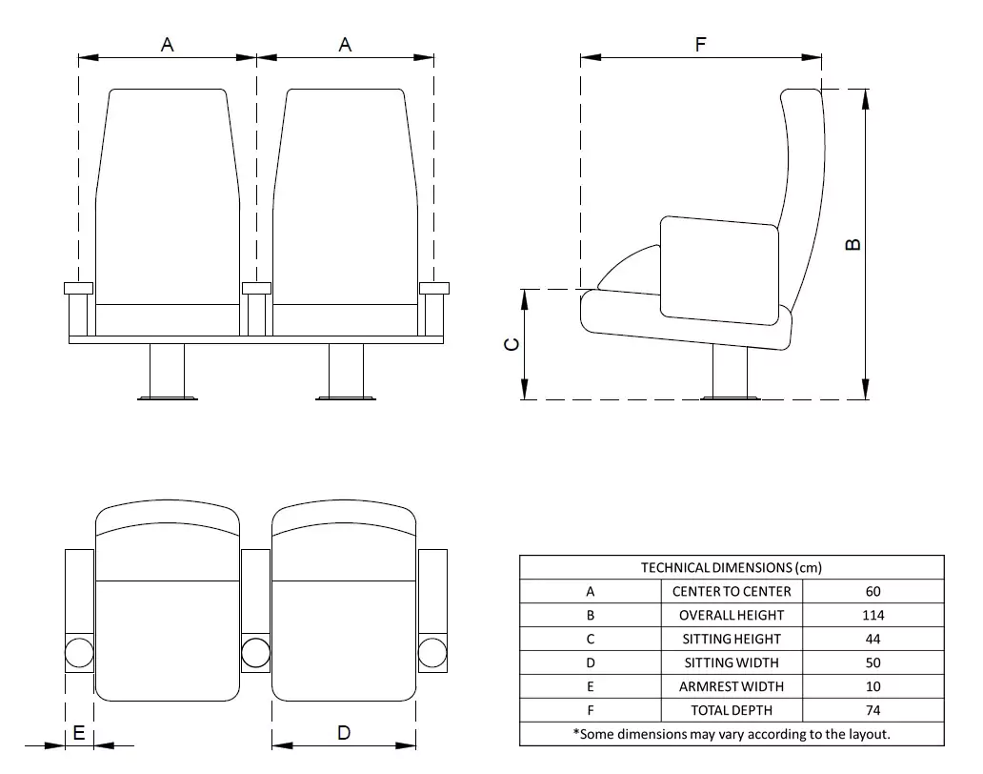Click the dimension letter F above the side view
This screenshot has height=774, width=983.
[701, 44]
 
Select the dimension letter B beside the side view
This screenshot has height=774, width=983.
[853, 244]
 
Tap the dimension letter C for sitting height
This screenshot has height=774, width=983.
[512, 345]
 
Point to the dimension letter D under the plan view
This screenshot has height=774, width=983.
[344, 732]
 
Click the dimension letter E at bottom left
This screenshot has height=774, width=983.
[79, 732]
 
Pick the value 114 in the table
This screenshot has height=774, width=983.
[873, 615]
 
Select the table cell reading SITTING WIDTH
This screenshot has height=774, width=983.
[731, 662]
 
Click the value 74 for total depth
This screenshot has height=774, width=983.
[873, 710]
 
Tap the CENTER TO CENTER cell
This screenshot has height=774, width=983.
[731, 591]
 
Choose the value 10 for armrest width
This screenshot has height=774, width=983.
[873, 686]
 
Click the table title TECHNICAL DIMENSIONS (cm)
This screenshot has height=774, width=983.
[731, 567]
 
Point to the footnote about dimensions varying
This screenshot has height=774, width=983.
[731, 734]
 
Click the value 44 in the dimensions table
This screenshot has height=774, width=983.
[873, 639]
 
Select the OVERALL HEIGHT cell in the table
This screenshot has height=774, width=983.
[731, 615]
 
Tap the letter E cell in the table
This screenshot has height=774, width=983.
[591, 686]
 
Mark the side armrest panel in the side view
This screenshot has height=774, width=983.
[719, 269]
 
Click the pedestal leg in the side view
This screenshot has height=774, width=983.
[730, 370]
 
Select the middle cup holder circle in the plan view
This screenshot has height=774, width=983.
[255, 652]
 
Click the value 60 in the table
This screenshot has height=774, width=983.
[873, 591]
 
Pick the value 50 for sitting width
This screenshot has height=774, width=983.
[873, 662]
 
